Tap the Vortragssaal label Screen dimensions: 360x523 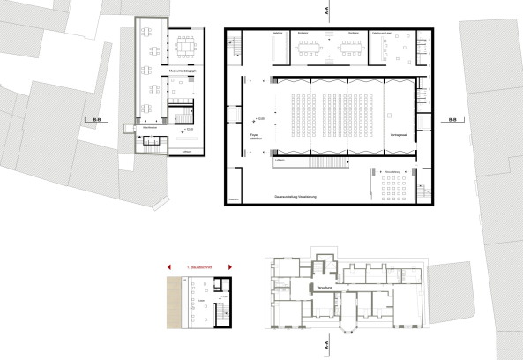click(400, 133)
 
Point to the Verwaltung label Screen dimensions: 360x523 click(318, 288)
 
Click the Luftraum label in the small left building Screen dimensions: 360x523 click(185, 153)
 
